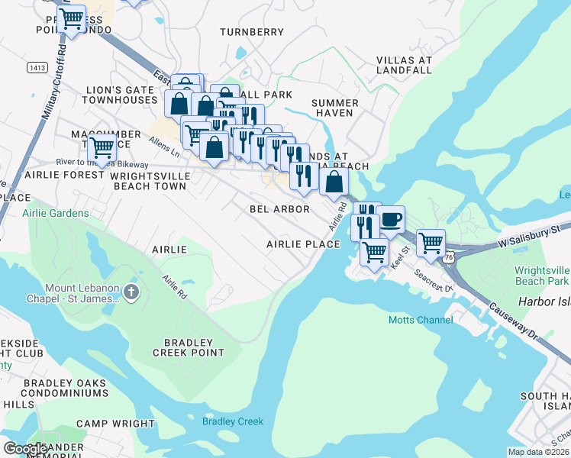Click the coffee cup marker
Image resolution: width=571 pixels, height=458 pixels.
[x=390, y=220]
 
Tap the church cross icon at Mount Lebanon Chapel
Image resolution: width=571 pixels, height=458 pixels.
[x=131, y=291]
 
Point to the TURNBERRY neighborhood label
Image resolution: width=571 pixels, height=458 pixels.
[x=251, y=32]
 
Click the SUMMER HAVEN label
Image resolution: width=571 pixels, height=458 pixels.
[x=335, y=108]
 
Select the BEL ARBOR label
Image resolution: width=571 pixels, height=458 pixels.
[x=279, y=208]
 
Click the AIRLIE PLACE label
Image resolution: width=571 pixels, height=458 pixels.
[x=302, y=244]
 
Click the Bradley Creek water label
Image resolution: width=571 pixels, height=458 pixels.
[x=232, y=421]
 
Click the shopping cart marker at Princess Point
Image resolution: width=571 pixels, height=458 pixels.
[x=71, y=18]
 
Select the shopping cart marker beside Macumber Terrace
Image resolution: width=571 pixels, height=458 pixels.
[x=101, y=147]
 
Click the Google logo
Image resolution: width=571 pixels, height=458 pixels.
[x=25, y=449]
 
